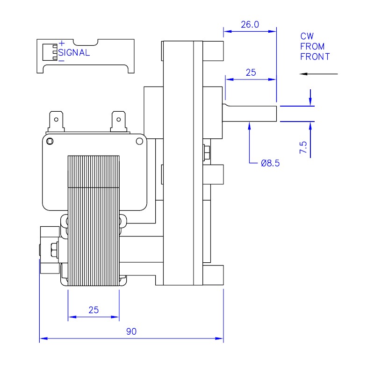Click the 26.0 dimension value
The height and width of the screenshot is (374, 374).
[x=250, y=25]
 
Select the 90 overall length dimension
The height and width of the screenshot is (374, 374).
[x=131, y=331]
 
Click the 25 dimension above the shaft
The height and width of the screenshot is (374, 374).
[x=251, y=72]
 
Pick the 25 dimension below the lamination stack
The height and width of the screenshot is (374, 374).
[x=93, y=310]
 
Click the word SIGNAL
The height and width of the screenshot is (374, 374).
[x=74, y=53]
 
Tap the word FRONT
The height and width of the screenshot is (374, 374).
[x=315, y=57]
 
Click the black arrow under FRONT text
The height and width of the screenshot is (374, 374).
[x=319, y=74]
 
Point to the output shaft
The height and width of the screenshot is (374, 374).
[x=251, y=113]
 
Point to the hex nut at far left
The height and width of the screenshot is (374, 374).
[x=52, y=251]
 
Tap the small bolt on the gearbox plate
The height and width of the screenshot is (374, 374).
[x=207, y=153]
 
